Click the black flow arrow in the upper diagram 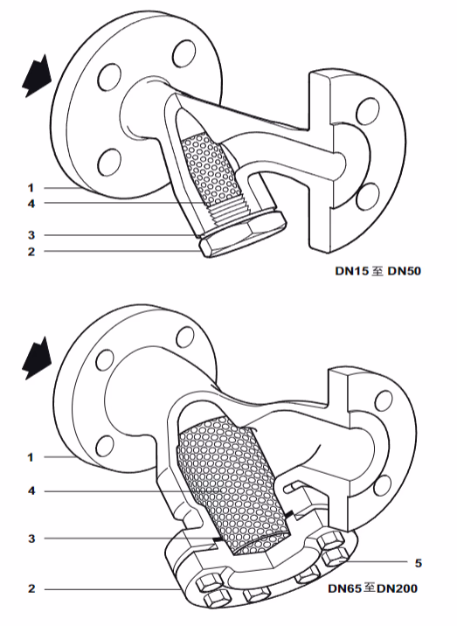click(33, 78)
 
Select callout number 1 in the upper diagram click(30, 187)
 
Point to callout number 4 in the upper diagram click(30, 204)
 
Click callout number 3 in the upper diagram click(30, 235)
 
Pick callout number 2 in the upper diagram click(30, 252)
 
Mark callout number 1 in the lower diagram click(30, 456)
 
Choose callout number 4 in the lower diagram click(30, 491)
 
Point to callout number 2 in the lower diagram click(30, 588)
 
